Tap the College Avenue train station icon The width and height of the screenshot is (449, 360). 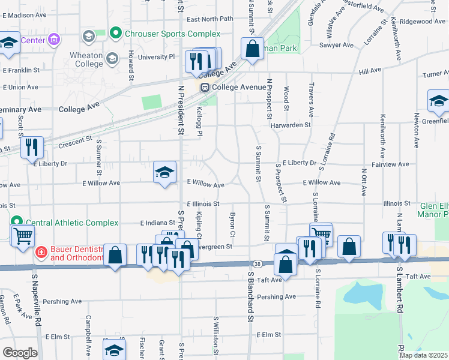pyautogui.click(x=205, y=88)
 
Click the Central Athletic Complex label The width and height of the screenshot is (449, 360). pyautogui.click(x=67, y=223)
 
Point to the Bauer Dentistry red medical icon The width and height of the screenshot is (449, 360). pyautogui.click(x=41, y=251)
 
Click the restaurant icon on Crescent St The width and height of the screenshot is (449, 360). pyautogui.click(x=32, y=148)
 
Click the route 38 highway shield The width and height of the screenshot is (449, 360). pyautogui.click(x=257, y=263)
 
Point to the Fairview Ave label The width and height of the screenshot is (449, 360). pyautogui.click(x=390, y=164)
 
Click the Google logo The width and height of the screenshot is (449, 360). pyautogui.click(x=20, y=352)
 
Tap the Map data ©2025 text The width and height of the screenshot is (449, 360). pyautogui.click(x=423, y=355)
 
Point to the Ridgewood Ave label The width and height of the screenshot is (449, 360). pyautogui.click(x=423, y=21)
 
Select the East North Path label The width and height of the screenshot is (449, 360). pyautogui.click(x=209, y=19)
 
